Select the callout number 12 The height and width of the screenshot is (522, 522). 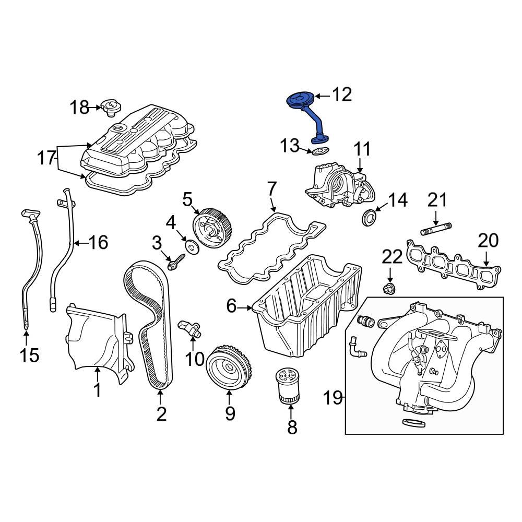[342, 94]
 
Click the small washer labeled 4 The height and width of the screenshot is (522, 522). [192, 246]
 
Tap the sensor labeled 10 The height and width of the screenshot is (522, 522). [191, 328]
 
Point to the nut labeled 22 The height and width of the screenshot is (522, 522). [389, 288]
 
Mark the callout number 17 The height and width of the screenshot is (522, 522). [46, 157]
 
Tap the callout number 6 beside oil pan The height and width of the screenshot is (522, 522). [231, 307]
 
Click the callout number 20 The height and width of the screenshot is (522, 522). [489, 241]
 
